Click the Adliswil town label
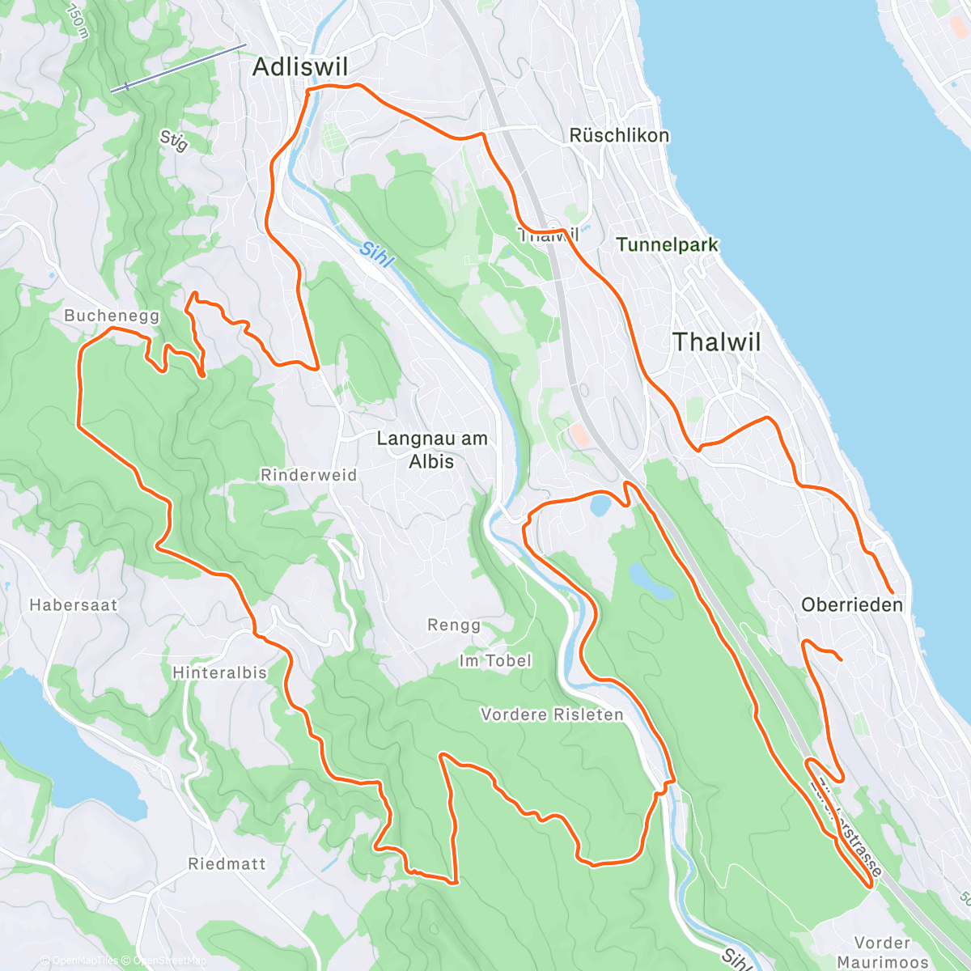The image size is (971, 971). pos(299,67)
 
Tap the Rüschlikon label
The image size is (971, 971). pos(619,136)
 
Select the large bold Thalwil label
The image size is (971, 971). pos(716,342)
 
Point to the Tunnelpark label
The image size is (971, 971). pos(667,244)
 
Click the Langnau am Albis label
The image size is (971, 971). pos(432,450)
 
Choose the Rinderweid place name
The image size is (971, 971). pos(308,475)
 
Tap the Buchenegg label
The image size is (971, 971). pos(112,316)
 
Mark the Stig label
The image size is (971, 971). pos(173,141)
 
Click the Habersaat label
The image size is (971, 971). pos(73,605)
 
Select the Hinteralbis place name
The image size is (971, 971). pos(219,672)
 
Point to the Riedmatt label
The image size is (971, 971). pos(227,864)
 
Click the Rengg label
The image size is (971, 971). pos(454,625)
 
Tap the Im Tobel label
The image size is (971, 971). pos(495,661)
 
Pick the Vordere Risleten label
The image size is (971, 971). pos(552,715)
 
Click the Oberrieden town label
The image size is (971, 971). pos(851,605)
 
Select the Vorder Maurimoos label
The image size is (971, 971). pos(882,952)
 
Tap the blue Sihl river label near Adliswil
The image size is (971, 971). pos(376,254)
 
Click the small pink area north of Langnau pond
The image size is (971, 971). pos(579,435)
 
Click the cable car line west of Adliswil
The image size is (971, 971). pos(178,68)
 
